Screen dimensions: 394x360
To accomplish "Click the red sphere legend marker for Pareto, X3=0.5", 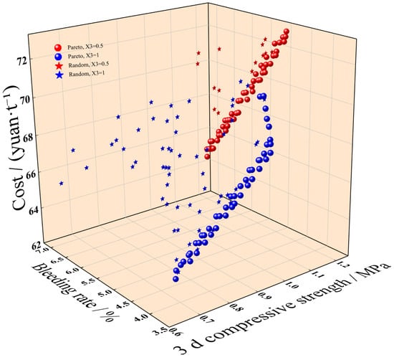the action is pos(58,47).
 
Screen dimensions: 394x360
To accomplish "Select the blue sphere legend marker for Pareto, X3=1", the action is pos(58,57).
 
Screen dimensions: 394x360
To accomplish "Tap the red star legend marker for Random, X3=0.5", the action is pos(59,66).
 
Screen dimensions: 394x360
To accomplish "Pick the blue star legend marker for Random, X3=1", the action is pos(59,75).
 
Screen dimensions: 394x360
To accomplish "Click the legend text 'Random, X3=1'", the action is pos(87,74).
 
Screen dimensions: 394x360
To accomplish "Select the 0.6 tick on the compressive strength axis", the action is pos(176,331).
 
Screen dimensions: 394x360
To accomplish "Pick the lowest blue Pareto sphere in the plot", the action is pos(176,279).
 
